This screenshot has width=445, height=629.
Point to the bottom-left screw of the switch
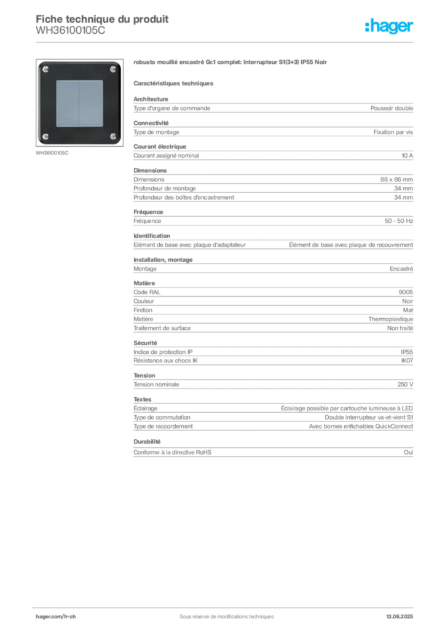[45, 136]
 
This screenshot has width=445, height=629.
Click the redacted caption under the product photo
[53, 153]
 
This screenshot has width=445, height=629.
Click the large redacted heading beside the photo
[231, 62]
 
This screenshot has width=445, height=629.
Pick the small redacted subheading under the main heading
[174, 82]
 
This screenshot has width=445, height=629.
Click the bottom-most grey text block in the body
[272, 451]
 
